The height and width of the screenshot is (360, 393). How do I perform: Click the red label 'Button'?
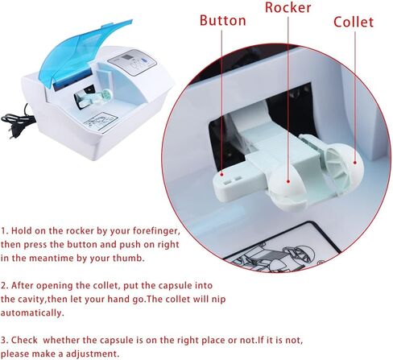222,20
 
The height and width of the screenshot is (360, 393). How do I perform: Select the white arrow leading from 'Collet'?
352,97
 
